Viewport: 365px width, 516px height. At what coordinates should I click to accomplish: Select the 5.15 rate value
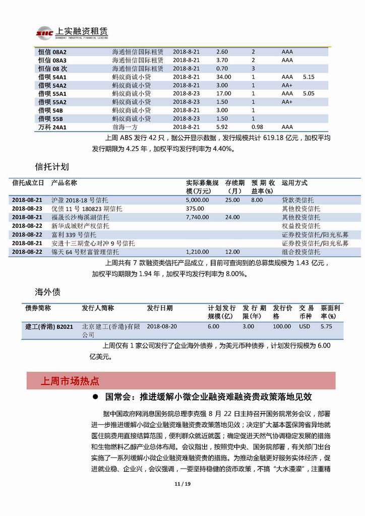[309, 77]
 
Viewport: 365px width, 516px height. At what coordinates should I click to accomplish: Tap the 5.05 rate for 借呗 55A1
[309, 93]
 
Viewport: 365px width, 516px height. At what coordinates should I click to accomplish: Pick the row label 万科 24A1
[52, 128]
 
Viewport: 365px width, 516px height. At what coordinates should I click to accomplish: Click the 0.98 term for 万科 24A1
[257, 128]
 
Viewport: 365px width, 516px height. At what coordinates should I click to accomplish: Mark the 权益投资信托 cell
[300, 226]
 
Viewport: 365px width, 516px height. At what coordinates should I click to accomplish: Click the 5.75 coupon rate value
[327, 326]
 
